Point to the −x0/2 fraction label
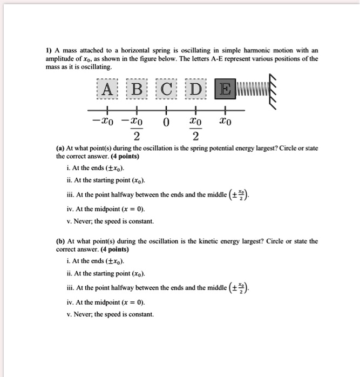click(x=135, y=129)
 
